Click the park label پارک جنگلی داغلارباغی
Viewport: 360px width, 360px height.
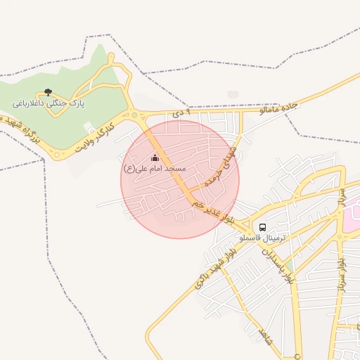coord(48,103)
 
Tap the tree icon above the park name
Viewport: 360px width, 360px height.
coord(48,92)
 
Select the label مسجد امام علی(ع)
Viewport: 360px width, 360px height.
coord(154,169)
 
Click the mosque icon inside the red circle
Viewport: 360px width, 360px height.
coord(155,157)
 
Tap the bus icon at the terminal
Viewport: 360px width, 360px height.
coord(262,227)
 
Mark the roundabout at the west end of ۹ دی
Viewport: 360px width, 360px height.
coord(134,115)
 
